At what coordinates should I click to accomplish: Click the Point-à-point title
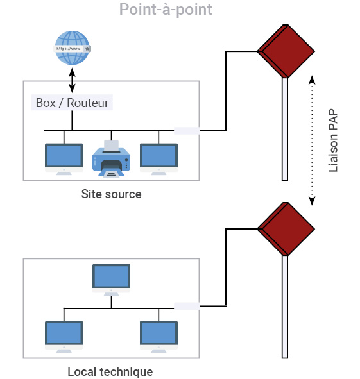pos(166,10)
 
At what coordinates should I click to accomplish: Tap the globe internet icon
pos(72,48)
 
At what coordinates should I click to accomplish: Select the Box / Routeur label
pos(72,103)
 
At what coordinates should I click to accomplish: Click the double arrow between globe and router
pos(72,80)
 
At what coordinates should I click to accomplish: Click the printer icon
pos(111,159)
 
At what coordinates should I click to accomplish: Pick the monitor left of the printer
pos(64,159)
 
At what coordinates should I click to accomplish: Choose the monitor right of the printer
pos(159,159)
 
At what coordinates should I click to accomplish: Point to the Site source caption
pos(111,194)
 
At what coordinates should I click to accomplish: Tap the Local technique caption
pos(110,371)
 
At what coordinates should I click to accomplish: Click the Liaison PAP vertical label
pos(333,140)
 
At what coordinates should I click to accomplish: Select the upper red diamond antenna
pos(286,51)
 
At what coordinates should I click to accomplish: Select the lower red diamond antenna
pos(286,229)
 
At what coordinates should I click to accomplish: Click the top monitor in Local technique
pos(111,280)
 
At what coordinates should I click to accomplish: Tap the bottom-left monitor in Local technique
pos(64,337)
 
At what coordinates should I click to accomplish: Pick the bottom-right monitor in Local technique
pos(159,337)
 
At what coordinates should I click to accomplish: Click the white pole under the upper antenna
pos(285,129)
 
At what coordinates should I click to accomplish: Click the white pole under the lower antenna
pos(285,307)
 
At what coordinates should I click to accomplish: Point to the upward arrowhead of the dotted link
pos(312,80)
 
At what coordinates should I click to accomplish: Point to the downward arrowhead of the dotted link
pos(312,201)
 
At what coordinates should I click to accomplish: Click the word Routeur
pos(87,103)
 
